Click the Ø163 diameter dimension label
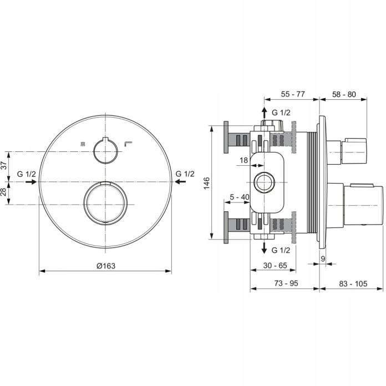(x=106, y=266)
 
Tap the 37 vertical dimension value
(x=4, y=165)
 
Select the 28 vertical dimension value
(x=4, y=192)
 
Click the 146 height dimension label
(x=206, y=183)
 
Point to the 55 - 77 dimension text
(x=293, y=94)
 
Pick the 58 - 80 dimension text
(x=344, y=94)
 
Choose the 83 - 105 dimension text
(x=353, y=283)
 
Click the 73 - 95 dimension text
(x=286, y=283)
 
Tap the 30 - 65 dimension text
(x=275, y=265)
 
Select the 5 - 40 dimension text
(x=240, y=197)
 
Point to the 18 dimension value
(x=243, y=160)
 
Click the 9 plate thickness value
(x=323, y=259)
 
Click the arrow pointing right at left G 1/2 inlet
(x=31, y=182)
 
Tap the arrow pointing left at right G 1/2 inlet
(x=180, y=182)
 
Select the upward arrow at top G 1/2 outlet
(x=264, y=113)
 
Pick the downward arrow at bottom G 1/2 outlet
(x=264, y=248)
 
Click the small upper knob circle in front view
(x=94, y=151)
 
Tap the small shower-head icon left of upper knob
(x=83, y=144)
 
